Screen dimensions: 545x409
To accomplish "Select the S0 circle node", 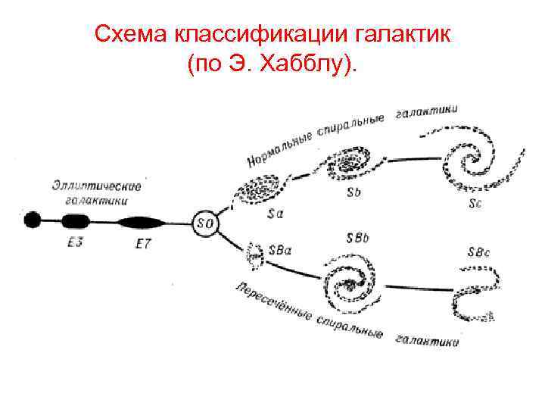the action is (x=204, y=223).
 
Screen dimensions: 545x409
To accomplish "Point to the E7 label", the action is (x=142, y=245).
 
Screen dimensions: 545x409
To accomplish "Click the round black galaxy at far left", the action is (x=33, y=220).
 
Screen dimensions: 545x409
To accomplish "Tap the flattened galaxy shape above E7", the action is (x=141, y=223).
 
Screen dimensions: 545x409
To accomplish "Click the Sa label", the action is (x=276, y=214).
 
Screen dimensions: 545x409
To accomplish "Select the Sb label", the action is (x=353, y=193).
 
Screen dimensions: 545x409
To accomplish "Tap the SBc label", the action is (x=479, y=252).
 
